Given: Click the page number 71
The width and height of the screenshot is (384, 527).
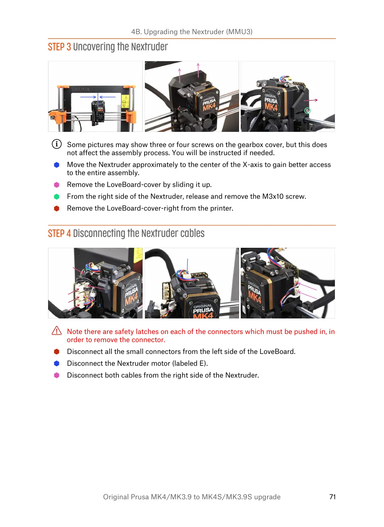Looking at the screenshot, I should point(332,497).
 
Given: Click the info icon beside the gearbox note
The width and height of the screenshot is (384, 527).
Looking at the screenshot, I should point(57,144).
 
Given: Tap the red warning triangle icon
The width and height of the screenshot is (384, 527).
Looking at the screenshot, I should point(57,331).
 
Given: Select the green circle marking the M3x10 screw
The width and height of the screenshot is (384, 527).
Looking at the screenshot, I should point(307,111).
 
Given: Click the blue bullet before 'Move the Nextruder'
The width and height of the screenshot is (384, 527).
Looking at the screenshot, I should point(57,165).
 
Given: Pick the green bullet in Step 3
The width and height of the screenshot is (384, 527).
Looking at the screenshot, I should point(57,196).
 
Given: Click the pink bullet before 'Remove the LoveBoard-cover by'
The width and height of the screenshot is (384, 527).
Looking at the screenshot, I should point(57,185).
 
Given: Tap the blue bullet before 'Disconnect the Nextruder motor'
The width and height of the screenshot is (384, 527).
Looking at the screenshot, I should point(57,363).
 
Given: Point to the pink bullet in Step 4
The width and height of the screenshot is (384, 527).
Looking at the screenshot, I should point(57,375).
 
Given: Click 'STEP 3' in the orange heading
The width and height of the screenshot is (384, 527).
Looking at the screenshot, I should point(59,47).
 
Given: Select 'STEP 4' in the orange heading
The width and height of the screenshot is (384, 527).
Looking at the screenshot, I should point(59,234).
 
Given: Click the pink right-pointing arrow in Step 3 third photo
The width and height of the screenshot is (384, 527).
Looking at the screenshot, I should point(311,100).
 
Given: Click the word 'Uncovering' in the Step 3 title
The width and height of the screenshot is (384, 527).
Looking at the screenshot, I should point(94,47).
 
